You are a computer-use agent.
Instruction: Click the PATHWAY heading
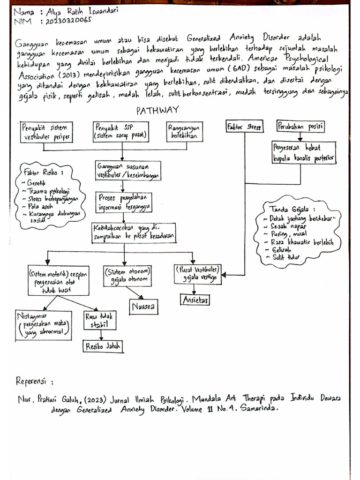(x=157, y=111)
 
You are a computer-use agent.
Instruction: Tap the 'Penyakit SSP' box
(x=121, y=132)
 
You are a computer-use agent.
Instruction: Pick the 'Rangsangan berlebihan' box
(x=185, y=132)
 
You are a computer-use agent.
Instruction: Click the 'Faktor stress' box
(x=244, y=127)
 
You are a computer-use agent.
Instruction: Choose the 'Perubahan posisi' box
(x=301, y=127)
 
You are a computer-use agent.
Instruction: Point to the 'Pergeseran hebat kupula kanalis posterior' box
(x=304, y=154)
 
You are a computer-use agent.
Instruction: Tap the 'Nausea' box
(x=143, y=307)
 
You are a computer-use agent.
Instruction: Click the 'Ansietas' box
(x=195, y=299)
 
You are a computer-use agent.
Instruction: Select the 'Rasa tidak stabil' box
(x=99, y=321)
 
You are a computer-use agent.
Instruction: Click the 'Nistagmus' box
(x=43, y=325)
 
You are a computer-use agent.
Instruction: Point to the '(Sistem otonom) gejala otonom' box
(x=128, y=276)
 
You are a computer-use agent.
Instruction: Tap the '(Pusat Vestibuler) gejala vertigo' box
(x=197, y=274)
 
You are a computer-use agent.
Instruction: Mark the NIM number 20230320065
(x=66, y=21)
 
